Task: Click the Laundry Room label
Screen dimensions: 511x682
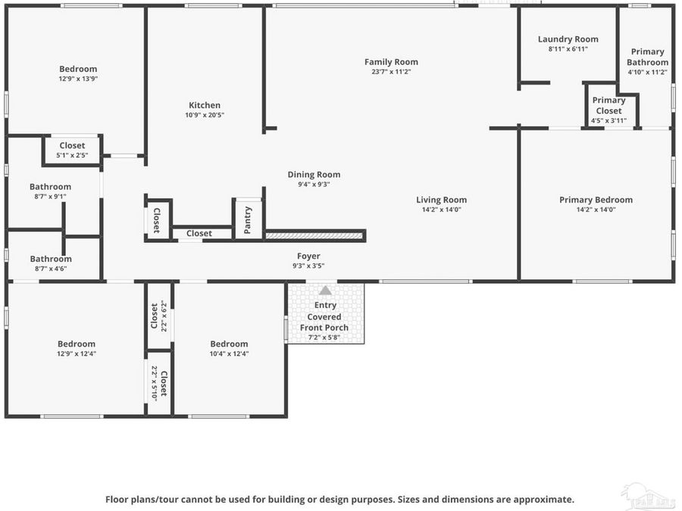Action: [568, 39]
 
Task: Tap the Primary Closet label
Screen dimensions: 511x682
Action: [608, 105]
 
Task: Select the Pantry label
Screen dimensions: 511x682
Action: [248, 220]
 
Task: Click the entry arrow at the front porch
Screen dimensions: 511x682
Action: [325, 290]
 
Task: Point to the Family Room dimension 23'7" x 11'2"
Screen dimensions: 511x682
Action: [391, 72]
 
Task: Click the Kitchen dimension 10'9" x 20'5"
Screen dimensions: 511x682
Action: [205, 115]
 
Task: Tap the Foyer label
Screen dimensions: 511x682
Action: [308, 257]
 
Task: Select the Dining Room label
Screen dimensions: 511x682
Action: [314, 174]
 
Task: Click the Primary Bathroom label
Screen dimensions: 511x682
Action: [647, 58]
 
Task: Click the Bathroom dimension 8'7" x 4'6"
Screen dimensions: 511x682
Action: [51, 268]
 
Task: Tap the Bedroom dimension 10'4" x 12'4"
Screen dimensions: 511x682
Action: [229, 354]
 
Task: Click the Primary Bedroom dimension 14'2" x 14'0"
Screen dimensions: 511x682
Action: [596, 210]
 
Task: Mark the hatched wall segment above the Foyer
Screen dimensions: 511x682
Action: [314, 235]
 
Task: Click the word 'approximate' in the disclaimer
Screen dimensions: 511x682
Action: [543, 500]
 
